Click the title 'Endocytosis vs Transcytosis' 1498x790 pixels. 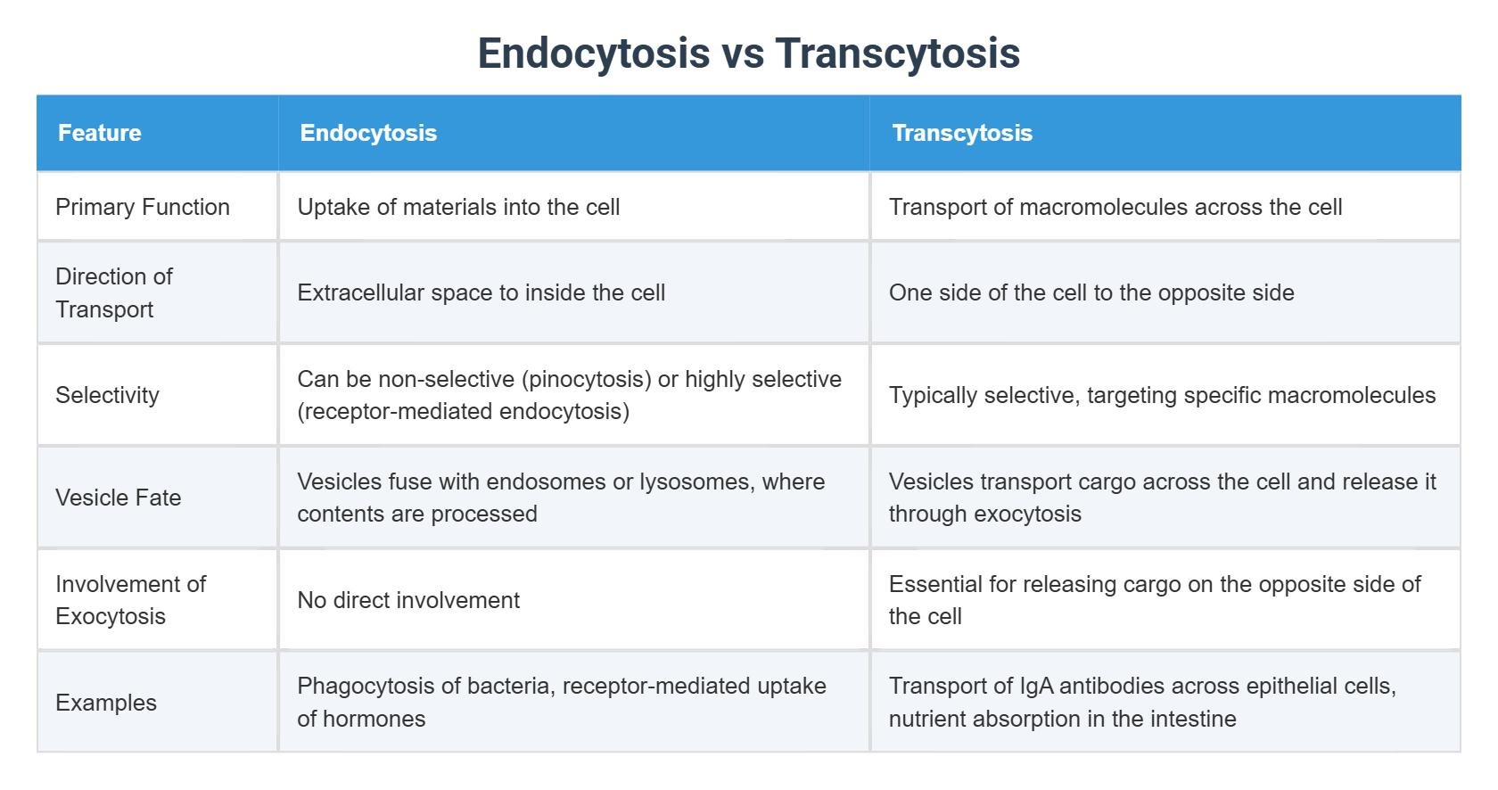pyautogui.click(x=748, y=53)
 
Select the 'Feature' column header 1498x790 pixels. pyautogui.click(x=100, y=133)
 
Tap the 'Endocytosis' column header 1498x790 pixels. pyautogui.click(x=368, y=133)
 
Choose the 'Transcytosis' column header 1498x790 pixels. pyautogui.click(x=962, y=133)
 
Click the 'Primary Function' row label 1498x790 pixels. pyautogui.click(x=143, y=207)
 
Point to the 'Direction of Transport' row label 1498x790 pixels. pyautogui.click(x=114, y=292)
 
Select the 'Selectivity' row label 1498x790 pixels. pyautogui.click(x=107, y=395)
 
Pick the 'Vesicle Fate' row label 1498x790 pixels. pyautogui.click(x=118, y=498)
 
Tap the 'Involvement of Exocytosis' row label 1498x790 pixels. pyautogui.click(x=130, y=600)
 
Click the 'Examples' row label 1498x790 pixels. pyautogui.click(x=106, y=703)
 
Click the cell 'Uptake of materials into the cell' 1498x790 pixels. pyautogui.click(x=458, y=207)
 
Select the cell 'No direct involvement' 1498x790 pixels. pyautogui.click(x=408, y=600)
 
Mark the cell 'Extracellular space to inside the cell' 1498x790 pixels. pyautogui.click(x=481, y=292)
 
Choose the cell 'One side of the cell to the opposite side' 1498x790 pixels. pyautogui.click(x=1091, y=292)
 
